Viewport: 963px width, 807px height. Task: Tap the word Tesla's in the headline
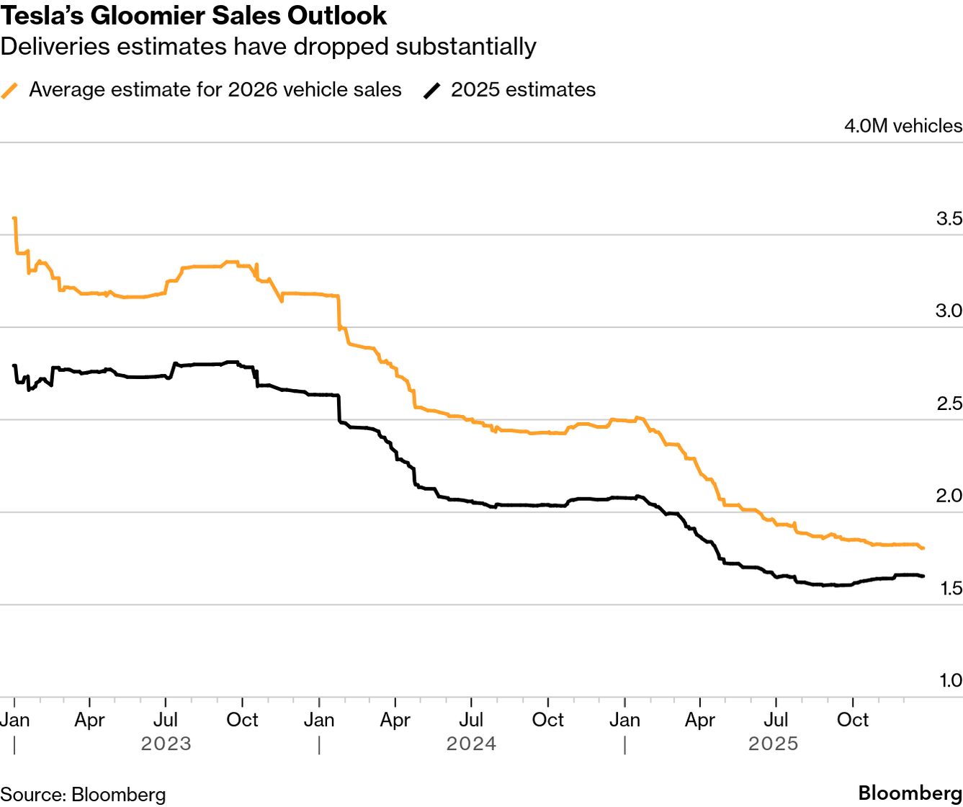pos(36,15)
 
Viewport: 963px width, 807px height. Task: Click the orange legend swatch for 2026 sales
pos(10,90)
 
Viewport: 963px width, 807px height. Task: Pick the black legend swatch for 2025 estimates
pos(432,90)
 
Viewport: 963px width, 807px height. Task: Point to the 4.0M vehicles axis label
pos(903,126)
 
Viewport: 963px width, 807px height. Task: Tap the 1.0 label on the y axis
pos(950,680)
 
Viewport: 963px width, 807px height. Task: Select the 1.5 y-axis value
pos(951,588)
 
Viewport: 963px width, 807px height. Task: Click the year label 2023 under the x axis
pos(166,744)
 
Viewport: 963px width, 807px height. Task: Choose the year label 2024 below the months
pos(472,744)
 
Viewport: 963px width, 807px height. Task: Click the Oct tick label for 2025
pos(853,720)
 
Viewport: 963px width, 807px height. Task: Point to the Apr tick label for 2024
pos(395,720)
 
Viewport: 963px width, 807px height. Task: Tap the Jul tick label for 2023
pos(166,720)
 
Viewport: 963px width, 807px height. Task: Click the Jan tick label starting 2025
pos(624,720)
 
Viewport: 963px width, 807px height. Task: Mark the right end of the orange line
pos(923,548)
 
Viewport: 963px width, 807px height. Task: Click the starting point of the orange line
pos(15,218)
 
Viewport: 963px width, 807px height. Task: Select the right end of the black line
pos(923,576)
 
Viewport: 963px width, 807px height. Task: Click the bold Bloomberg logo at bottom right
pos(910,793)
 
